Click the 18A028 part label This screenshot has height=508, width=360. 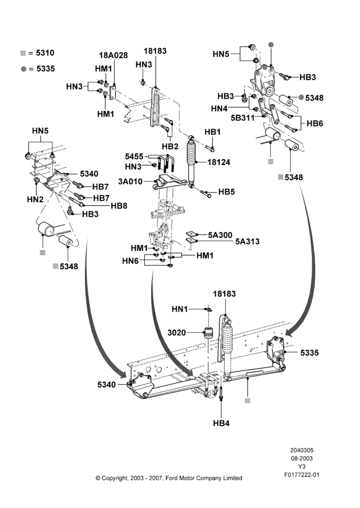click(x=113, y=55)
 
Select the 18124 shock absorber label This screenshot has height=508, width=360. click(x=219, y=162)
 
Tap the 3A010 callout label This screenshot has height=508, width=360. click(x=130, y=181)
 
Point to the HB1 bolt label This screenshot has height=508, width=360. click(x=213, y=132)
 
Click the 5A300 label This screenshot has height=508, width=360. click(x=220, y=235)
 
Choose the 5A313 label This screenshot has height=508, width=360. click(x=248, y=241)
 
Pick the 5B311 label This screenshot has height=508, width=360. click(x=243, y=118)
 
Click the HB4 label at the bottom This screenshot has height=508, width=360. click(x=221, y=423)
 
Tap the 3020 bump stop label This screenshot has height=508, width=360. click(x=177, y=333)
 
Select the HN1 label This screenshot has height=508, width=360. click(x=179, y=309)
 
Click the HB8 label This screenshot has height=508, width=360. click(x=119, y=206)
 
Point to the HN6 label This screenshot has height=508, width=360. click(x=130, y=261)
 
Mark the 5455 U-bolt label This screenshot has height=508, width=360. click(x=134, y=156)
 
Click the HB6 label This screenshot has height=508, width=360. click(x=315, y=123)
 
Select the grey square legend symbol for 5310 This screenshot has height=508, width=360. click(x=23, y=53)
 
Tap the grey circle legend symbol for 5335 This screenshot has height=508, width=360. click(x=23, y=69)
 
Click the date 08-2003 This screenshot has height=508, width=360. click(x=302, y=458)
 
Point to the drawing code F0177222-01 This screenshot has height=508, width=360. click(x=302, y=475)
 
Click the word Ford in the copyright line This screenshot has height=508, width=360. click(x=172, y=478)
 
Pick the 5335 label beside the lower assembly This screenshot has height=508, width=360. click(x=309, y=353)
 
